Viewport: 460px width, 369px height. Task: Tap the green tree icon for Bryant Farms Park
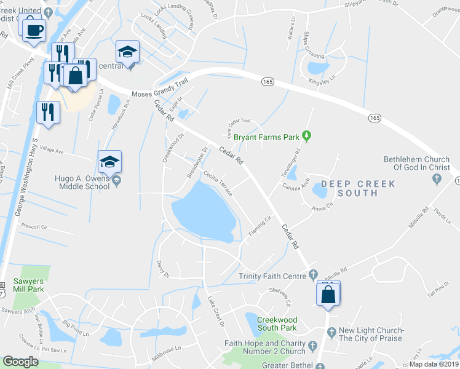309,135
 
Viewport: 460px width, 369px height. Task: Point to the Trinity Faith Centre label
272,276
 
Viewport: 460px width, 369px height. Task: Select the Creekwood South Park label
277,324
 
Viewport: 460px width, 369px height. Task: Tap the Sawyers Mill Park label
28,285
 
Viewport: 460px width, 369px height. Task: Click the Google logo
20,362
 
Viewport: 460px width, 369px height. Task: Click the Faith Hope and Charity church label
265,347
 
